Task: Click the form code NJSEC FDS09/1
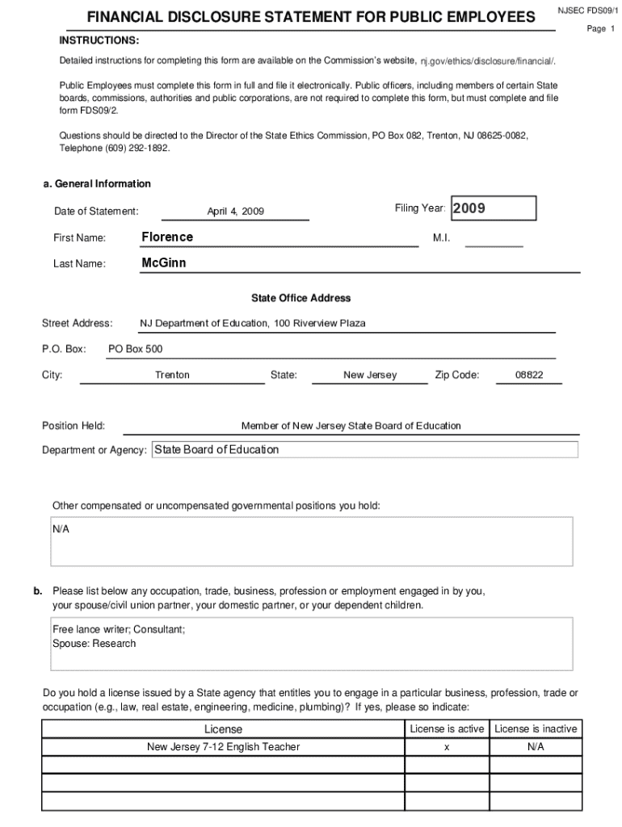pos(587,10)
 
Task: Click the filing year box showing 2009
pos(493,208)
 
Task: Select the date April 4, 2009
pos(235,212)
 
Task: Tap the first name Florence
pos(167,237)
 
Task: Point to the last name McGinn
pos(164,262)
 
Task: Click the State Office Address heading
pos(300,298)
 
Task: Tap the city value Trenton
pos(172,375)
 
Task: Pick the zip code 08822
pos(529,375)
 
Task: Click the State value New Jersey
pos(370,375)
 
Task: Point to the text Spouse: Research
pos(95,644)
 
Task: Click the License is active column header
pos(447,728)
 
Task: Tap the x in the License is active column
pos(447,747)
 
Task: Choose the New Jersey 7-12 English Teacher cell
pos(223,747)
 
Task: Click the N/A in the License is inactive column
pos(536,747)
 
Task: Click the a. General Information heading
pos(97,183)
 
